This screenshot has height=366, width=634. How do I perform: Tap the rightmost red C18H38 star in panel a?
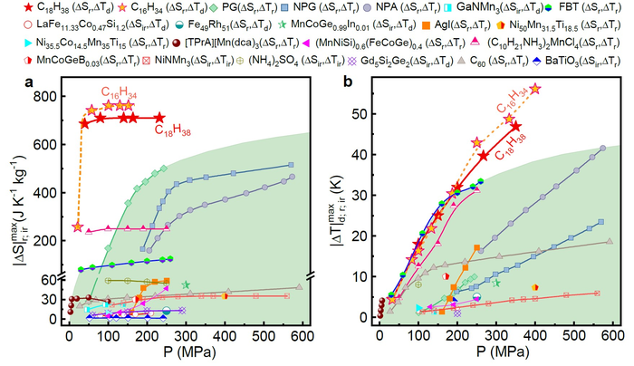[x=159, y=118]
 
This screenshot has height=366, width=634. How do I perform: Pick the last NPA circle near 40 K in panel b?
[x=603, y=149]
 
